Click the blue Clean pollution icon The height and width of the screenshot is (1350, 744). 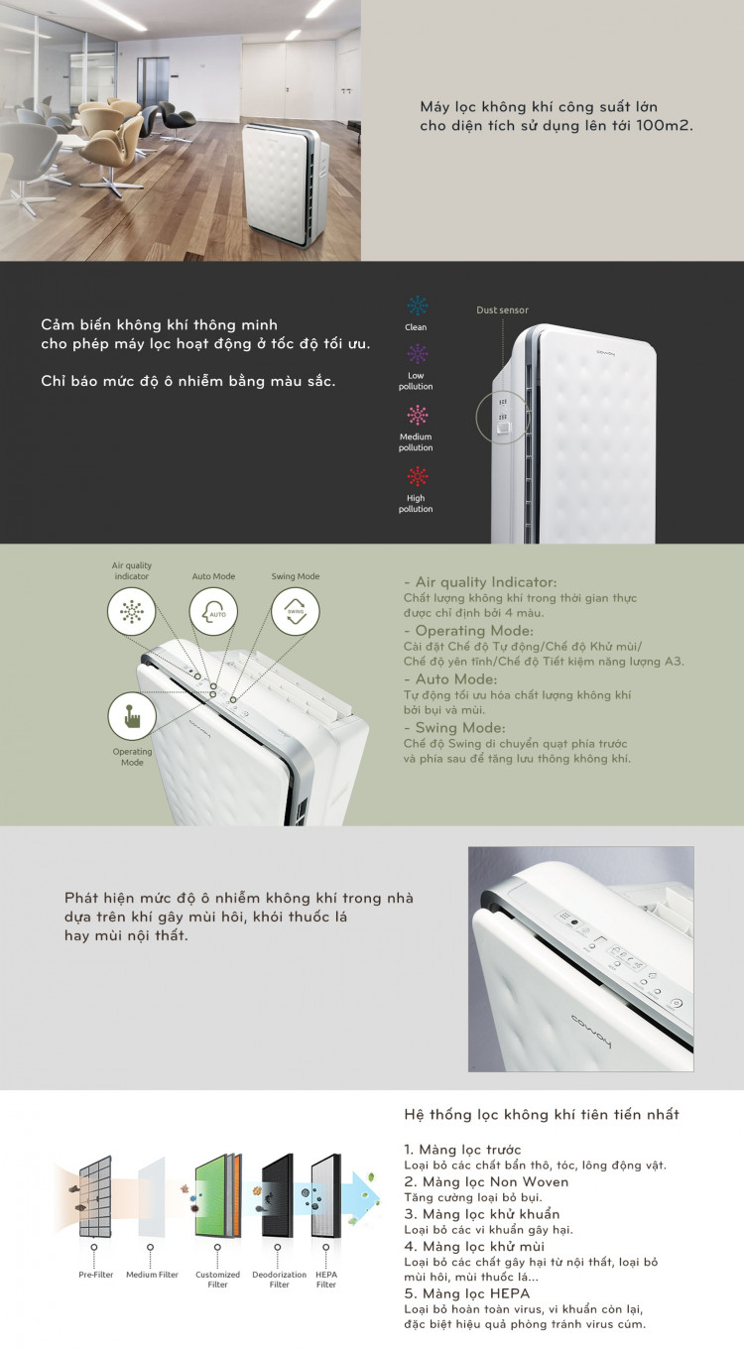coord(417,306)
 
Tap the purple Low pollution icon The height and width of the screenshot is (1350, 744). coord(417,354)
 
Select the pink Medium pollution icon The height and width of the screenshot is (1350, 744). coord(417,416)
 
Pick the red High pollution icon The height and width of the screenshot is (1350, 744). coord(417,477)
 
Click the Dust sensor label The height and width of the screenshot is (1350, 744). coord(502,309)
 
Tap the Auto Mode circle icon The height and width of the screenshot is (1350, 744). coord(213,612)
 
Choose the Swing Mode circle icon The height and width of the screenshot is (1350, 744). coord(296,612)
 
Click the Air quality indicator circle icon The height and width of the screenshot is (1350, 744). coord(131,612)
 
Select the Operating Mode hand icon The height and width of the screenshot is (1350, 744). coord(132,716)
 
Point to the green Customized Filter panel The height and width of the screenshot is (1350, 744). coord(217,1195)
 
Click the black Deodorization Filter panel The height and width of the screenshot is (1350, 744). coord(278,1195)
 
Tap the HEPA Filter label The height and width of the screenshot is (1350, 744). coord(326,1280)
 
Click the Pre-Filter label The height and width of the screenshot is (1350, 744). coord(96,1275)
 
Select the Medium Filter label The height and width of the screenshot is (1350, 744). coord(152,1275)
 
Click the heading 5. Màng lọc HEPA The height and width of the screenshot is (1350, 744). coord(466,1293)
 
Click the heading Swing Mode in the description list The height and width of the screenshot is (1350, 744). coord(460,728)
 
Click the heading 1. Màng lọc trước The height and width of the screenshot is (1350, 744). coord(462,1150)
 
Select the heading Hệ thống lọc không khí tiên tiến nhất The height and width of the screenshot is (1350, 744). coord(542,1115)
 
